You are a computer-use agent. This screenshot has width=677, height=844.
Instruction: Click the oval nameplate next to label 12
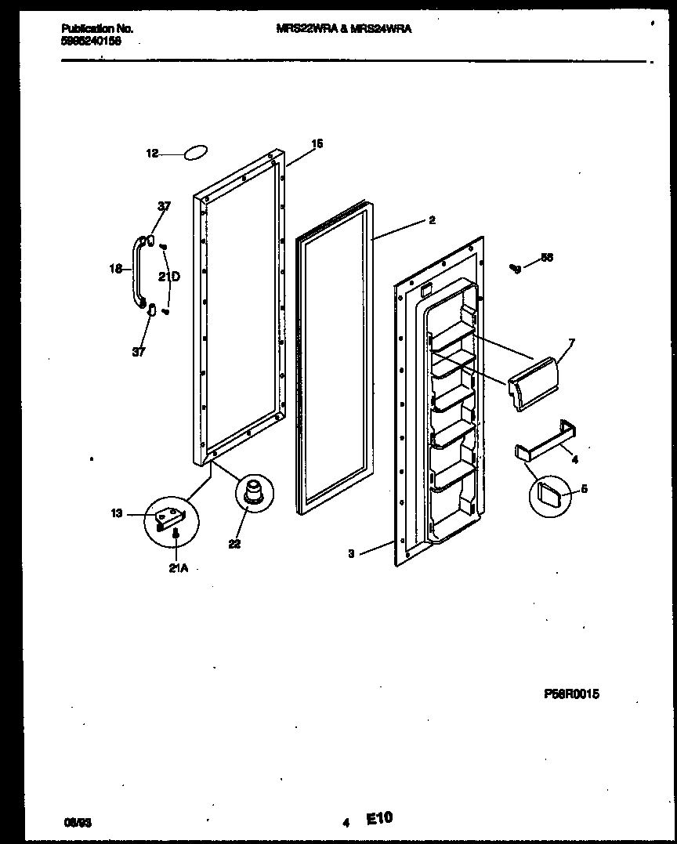click(197, 153)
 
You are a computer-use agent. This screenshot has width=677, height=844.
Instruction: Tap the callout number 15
click(317, 143)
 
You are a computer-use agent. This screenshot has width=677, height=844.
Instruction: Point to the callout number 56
click(546, 258)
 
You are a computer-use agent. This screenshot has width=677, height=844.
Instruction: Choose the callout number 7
click(571, 342)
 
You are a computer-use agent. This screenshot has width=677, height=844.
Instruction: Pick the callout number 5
click(584, 490)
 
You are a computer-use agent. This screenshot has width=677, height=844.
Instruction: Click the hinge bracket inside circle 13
click(170, 518)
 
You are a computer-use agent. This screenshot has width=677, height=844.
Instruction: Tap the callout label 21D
click(169, 276)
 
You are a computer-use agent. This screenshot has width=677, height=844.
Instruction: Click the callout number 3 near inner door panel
click(352, 553)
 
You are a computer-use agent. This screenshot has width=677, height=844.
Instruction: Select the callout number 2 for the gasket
click(431, 220)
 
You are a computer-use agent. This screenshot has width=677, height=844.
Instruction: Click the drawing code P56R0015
click(571, 694)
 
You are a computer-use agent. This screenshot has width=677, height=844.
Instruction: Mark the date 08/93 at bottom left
click(77, 823)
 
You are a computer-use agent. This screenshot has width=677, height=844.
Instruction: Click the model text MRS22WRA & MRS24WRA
click(344, 28)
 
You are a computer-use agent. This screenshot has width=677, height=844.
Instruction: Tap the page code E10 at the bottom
click(379, 818)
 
